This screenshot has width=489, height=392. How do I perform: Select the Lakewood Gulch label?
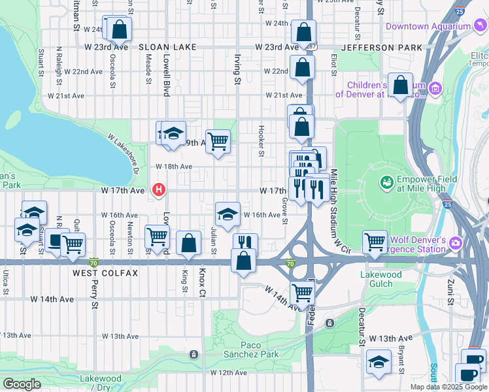pyautogui.click(x=381, y=279)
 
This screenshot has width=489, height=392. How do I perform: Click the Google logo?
pyautogui.click(x=22, y=384)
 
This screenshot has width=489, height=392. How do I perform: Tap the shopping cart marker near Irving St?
pyautogui.click(x=218, y=140)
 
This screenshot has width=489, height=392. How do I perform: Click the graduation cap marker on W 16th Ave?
pyautogui.click(x=228, y=213)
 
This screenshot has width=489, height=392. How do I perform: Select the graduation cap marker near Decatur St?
pyautogui.click(x=379, y=361)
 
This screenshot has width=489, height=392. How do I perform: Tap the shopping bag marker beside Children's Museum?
pyautogui.click(x=400, y=84)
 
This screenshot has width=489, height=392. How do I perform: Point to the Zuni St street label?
pyautogui.click(x=450, y=291)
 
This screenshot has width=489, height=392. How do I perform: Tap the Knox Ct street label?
pyautogui.click(x=202, y=282)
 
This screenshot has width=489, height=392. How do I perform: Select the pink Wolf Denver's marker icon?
pyautogui.click(x=454, y=244)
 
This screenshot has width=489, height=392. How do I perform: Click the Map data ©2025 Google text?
pyautogui.click(x=448, y=387)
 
